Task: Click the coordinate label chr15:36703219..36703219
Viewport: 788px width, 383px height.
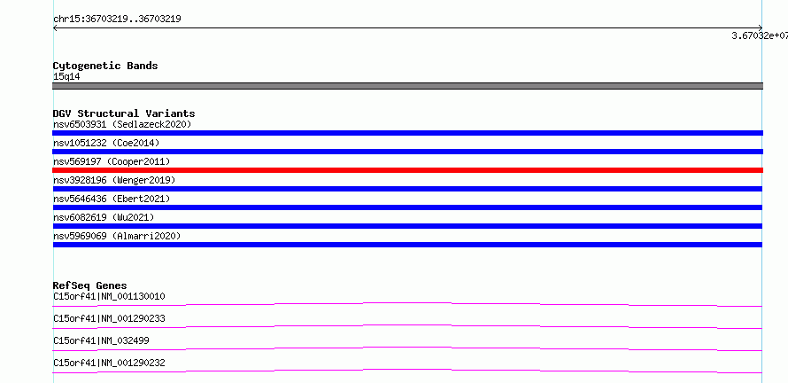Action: [x=117, y=20]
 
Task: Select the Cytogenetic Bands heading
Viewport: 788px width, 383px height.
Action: [x=105, y=66]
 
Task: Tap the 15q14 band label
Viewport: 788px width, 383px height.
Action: [x=66, y=77]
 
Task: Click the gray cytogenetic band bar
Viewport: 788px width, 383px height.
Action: [x=407, y=86]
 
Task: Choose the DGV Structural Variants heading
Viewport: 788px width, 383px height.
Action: [x=124, y=113]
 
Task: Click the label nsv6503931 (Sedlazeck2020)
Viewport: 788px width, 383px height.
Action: [x=122, y=124]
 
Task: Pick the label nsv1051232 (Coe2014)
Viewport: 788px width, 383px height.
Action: [x=106, y=143]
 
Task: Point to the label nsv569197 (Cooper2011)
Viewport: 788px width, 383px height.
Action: [x=112, y=161]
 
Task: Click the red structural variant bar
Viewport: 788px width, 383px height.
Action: [x=407, y=170]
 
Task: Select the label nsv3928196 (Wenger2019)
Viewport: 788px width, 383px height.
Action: [x=114, y=180]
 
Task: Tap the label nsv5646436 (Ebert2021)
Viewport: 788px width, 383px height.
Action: [x=112, y=199]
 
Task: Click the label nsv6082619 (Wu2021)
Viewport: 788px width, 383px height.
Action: [x=104, y=217]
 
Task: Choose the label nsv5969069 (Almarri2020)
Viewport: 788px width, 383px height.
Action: [x=117, y=236]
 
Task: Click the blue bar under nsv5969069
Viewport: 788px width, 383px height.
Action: [x=407, y=245]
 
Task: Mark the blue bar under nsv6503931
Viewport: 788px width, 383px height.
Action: [x=407, y=133]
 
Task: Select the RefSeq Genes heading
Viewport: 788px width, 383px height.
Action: [x=90, y=285]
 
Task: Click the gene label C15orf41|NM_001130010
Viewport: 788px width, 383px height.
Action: [x=109, y=296]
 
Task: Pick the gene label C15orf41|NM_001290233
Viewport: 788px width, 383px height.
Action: [x=109, y=318]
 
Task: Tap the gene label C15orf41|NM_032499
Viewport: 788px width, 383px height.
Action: [x=101, y=340]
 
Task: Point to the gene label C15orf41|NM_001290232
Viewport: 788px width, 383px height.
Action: [x=109, y=363]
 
